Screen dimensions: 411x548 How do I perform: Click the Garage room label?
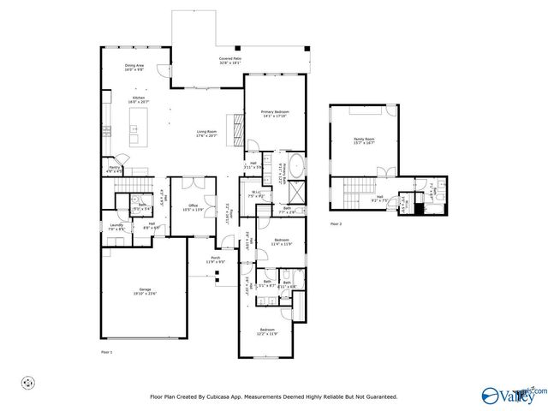(x=144, y=290)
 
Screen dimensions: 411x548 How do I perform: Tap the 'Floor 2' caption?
(x=336, y=223)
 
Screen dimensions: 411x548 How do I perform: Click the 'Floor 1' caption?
(x=107, y=351)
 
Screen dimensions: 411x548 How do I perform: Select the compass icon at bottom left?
(x=28, y=382)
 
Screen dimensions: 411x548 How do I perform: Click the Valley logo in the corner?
(x=515, y=395)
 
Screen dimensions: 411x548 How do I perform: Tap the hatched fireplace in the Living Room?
(x=241, y=129)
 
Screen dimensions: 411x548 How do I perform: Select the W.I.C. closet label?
(x=268, y=194)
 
